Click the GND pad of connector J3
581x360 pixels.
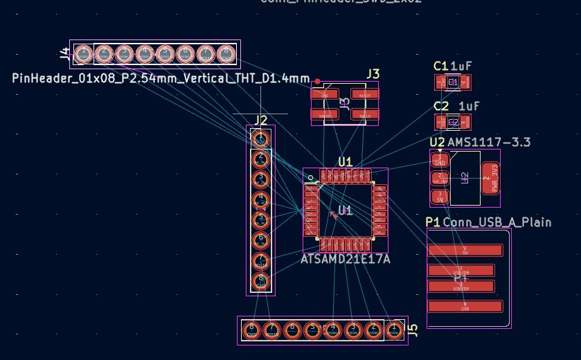[325, 94]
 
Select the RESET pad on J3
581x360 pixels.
[364, 94]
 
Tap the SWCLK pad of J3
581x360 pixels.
[364, 114]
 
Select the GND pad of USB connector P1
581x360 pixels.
[465, 306]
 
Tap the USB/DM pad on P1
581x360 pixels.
[461, 270]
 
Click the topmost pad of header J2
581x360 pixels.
[260, 139]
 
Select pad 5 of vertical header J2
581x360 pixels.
[260, 220]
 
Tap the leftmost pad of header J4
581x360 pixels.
[83, 53]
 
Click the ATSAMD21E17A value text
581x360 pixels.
[345, 259]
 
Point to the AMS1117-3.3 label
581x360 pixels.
[489, 143]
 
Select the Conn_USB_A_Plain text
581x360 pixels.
[497, 222]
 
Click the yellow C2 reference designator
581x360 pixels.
[441, 106]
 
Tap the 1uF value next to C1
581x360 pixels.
[461, 66]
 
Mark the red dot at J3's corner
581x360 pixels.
[317, 82]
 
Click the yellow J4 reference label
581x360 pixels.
[64, 53]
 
